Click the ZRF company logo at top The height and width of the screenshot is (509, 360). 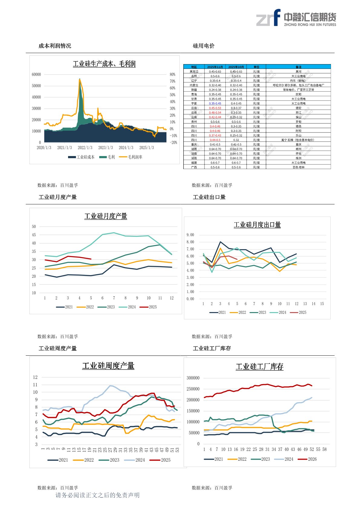[x=296, y=18]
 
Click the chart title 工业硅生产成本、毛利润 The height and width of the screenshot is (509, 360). [x=104, y=64]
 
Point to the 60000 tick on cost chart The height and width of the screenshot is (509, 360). [x=36, y=74]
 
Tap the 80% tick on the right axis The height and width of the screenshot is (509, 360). [x=172, y=74]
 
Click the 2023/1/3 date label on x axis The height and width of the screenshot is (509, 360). [x=106, y=148]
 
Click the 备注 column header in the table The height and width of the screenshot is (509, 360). [x=298, y=67]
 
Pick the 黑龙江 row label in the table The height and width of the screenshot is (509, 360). [x=194, y=72]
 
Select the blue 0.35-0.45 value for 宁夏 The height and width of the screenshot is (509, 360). [x=215, y=103]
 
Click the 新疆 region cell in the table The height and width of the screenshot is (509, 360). [x=194, y=90]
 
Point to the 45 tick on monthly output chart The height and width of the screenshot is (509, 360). [x=34, y=235]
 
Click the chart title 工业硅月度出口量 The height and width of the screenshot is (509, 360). [x=257, y=225]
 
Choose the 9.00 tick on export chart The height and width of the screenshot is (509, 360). [x=190, y=235]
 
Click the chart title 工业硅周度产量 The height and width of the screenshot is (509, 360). [x=108, y=366]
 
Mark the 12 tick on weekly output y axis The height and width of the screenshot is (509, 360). [x=35, y=377]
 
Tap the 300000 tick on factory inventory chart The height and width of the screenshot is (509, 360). [x=193, y=378]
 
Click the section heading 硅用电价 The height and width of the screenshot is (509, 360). [x=204, y=46]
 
